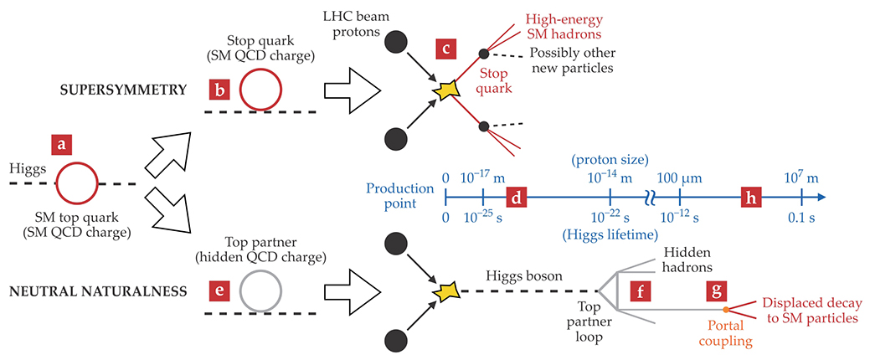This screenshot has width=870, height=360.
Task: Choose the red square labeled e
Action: [x=220, y=291]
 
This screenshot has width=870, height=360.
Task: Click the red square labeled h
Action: [x=751, y=198]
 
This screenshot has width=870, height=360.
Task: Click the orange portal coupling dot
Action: [x=727, y=311]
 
